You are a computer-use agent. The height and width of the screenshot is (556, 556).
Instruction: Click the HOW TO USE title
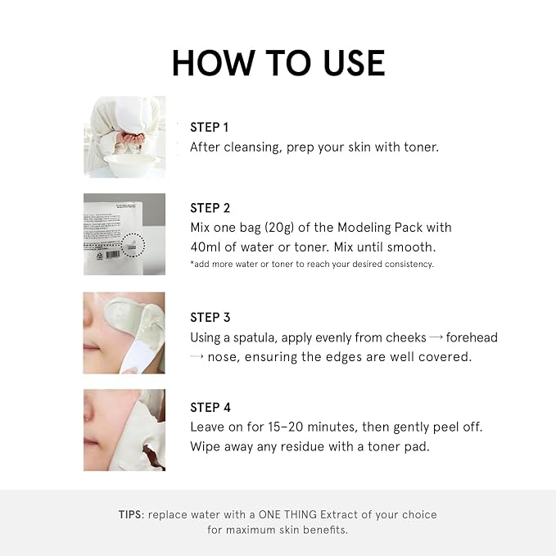coord(278,63)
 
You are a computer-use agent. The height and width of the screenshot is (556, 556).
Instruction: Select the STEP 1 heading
coord(209,127)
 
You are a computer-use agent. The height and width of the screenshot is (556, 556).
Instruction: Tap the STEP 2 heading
coord(210,208)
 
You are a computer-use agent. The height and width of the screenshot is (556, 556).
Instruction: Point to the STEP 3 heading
coord(210,318)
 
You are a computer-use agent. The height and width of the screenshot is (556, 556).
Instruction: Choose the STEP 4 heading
coord(210,408)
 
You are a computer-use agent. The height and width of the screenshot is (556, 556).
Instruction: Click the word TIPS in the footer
coord(129,514)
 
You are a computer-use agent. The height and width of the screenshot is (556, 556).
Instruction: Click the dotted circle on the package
coord(133,245)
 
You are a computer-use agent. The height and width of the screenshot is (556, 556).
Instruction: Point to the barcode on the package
coord(113,255)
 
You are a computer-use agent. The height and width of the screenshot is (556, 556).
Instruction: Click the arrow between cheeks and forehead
coord(436,337)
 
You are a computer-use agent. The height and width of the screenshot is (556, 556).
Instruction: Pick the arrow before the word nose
coord(197,356)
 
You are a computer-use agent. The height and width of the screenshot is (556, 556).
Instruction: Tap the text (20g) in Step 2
coord(279,228)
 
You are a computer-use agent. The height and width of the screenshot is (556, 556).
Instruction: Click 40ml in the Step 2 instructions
coord(206,246)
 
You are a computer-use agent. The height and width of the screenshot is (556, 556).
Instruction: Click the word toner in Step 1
coord(421,147)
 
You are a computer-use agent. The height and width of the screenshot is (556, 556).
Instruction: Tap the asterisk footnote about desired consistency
coord(312,264)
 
